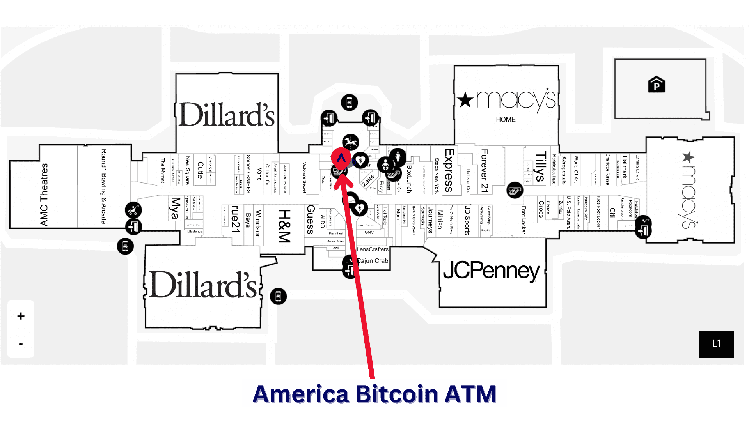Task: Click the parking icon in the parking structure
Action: (657, 85)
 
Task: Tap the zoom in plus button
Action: (21, 316)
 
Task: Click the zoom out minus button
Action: (21, 344)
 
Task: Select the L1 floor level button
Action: (716, 344)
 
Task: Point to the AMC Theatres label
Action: (44, 195)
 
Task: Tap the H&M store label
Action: (284, 226)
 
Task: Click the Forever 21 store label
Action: (485, 171)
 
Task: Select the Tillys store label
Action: (540, 167)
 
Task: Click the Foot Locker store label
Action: (524, 220)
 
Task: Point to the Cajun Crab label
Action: (373, 261)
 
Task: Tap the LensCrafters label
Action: (373, 249)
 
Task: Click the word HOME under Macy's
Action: (506, 119)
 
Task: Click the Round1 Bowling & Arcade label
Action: (104, 186)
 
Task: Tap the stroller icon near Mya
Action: (133, 210)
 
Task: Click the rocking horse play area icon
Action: (351, 141)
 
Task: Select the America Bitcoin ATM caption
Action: (374, 394)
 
